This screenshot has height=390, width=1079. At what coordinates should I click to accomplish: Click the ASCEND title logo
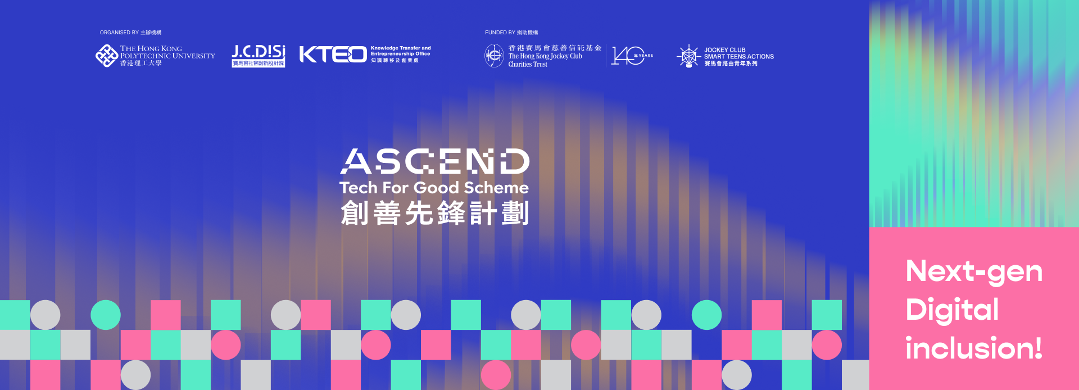tap(434, 162)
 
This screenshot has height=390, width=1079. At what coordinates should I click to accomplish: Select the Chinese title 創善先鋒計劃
tap(434, 214)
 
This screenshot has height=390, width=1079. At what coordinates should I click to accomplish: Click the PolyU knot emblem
tap(106, 56)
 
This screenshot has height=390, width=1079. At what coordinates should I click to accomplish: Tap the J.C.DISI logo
tap(259, 55)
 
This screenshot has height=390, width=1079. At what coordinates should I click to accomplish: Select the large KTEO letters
tap(333, 55)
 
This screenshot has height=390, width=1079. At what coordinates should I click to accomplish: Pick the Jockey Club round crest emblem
tap(494, 56)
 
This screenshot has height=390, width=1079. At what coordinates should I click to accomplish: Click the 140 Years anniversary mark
tap(632, 56)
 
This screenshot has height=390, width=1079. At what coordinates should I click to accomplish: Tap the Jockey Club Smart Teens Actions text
tap(738, 56)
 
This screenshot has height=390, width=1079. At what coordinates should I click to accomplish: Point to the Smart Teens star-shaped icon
tap(688, 56)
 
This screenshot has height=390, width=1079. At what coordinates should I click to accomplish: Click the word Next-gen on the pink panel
tap(974, 272)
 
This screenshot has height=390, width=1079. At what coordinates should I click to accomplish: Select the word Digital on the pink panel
tap(952, 310)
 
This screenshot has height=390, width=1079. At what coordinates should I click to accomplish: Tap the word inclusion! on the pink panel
tap(973, 348)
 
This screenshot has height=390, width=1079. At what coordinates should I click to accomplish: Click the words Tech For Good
tap(399, 188)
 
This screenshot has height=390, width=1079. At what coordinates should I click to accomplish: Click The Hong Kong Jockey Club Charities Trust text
tap(545, 60)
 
